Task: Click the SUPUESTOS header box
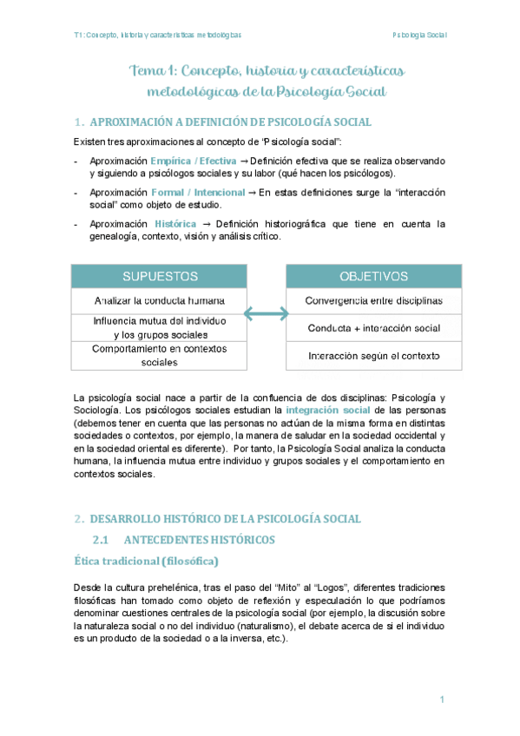[x=159, y=277]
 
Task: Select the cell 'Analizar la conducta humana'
[x=159, y=300]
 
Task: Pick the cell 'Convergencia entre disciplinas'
[x=373, y=300]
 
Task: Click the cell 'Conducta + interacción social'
[x=373, y=328]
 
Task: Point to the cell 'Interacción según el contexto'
[x=373, y=356]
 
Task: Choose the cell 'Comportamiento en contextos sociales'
[x=159, y=355]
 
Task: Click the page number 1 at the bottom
[x=442, y=700]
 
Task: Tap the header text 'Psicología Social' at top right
[x=419, y=35]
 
